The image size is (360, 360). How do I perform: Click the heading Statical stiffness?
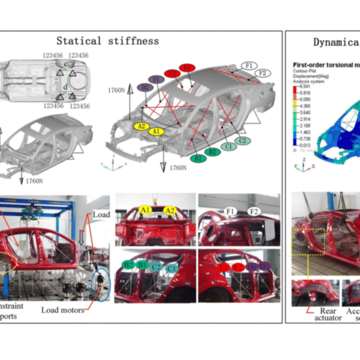(107, 41)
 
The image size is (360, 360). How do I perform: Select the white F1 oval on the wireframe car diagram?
(249, 65)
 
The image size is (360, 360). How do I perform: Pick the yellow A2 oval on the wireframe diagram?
(142, 126)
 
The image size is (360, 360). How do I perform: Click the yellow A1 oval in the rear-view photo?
(145, 209)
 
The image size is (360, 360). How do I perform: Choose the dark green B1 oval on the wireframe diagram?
(197, 158)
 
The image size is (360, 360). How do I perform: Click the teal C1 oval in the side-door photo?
(172, 268)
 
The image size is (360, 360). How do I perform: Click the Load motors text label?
(62, 310)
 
